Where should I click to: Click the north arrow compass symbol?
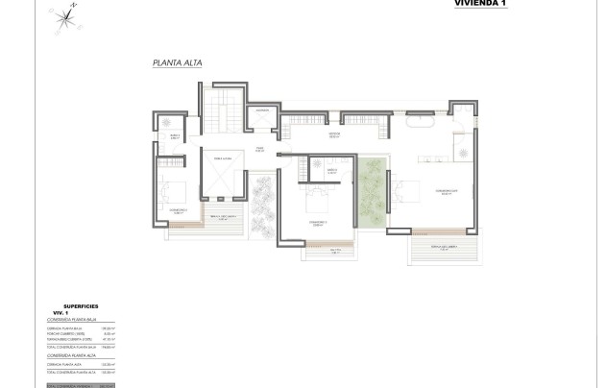point(65,15)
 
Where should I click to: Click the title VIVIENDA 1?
point(479,4)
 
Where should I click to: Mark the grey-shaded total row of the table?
point(81,385)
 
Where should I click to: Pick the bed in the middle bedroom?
point(317,203)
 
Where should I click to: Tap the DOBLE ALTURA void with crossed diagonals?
point(222,175)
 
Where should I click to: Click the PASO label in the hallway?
point(259,149)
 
